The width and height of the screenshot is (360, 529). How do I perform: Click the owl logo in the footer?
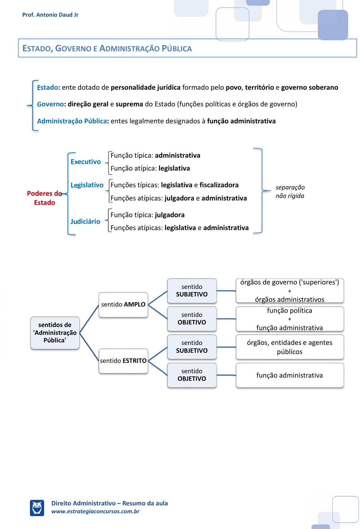click(37, 508)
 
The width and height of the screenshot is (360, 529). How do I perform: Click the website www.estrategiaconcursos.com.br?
click(95, 511)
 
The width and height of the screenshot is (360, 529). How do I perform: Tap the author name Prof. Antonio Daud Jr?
click(50, 15)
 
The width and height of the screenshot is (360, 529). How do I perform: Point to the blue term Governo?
click(51, 104)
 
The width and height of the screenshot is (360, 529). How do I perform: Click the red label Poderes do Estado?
click(44, 198)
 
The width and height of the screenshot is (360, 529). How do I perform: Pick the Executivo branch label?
click(86, 162)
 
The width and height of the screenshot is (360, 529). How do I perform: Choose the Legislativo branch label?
click(87, 185)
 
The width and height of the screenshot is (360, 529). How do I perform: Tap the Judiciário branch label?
click(85, 222)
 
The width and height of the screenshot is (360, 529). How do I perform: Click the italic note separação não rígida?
click(290, 192)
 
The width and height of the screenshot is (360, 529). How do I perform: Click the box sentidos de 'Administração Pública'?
click(55, 333)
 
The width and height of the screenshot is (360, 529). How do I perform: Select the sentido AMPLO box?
click(123, 305)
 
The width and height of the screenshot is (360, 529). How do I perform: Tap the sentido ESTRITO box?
click(123, 361)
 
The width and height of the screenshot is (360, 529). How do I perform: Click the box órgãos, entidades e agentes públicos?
click(289, 347)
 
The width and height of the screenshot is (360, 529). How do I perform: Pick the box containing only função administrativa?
click(289, 375)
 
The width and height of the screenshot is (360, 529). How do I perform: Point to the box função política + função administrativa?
click(289, 319)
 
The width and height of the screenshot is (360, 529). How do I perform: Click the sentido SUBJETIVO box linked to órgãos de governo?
click(192, 291)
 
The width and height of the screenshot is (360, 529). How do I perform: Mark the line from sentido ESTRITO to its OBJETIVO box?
click(157, 368)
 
